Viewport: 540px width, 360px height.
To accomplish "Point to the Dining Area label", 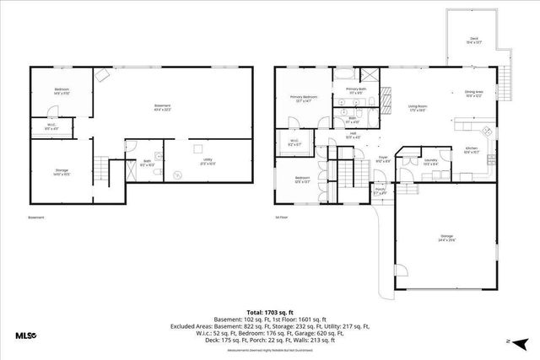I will click(x=473, y=94).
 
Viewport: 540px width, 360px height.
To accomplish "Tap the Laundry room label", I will click(x=430, y=159).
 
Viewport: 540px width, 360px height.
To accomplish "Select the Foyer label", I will click(x=382, y=159).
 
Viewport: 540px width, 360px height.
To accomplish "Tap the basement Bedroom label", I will click(x=62, y=91).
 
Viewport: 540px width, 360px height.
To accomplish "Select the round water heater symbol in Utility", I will click(x=178, y=175).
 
